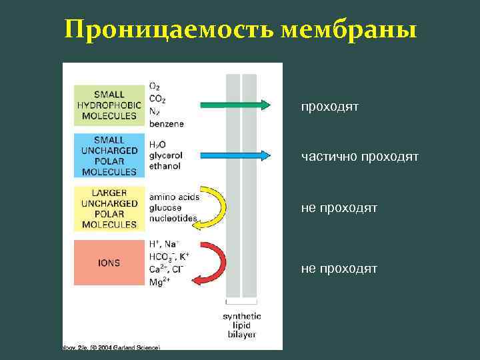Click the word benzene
[167, 124]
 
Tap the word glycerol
[167, 155]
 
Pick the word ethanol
[165, 166]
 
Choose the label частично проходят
[359, 157]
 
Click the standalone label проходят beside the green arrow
[329, 106]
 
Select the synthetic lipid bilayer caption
[241, 325]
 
